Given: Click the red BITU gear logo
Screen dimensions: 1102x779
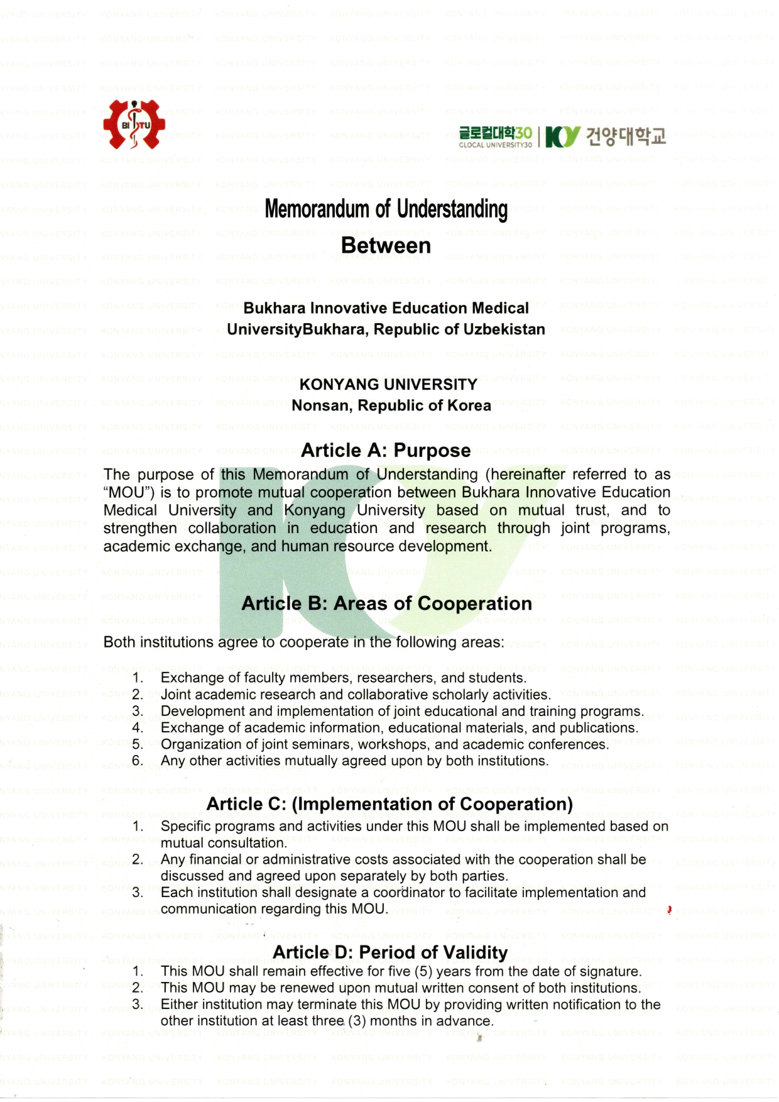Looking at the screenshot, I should (134, 124).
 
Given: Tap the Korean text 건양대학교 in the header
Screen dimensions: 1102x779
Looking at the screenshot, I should (626, 136).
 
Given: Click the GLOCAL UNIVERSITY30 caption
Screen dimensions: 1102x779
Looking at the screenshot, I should (495, 145).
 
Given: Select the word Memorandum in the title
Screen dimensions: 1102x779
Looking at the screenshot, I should (318, 209).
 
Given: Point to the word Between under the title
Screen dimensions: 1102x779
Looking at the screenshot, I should (386, 246).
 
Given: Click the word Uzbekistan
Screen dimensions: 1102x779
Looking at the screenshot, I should (504, 329).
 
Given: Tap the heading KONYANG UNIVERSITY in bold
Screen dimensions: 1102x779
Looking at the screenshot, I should (388, 384).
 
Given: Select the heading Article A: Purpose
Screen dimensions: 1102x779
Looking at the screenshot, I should (386, 450).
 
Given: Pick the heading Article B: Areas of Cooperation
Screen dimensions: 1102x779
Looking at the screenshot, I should (386, 603).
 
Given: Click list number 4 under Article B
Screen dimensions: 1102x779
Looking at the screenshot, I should (138, 728).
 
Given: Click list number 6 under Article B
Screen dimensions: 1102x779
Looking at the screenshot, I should (138, 761).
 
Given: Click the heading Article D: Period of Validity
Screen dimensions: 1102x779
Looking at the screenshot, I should (389, 952).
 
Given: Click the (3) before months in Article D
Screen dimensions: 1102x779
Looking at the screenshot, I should (357, 1021).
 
